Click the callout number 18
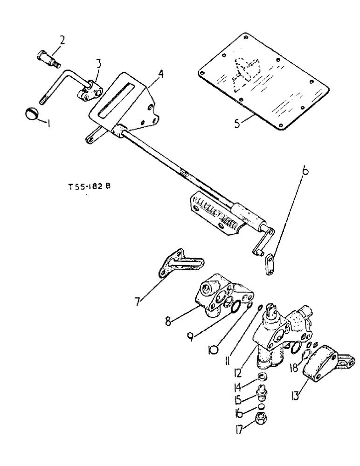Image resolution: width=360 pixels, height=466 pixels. click(x=293, y=367)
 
